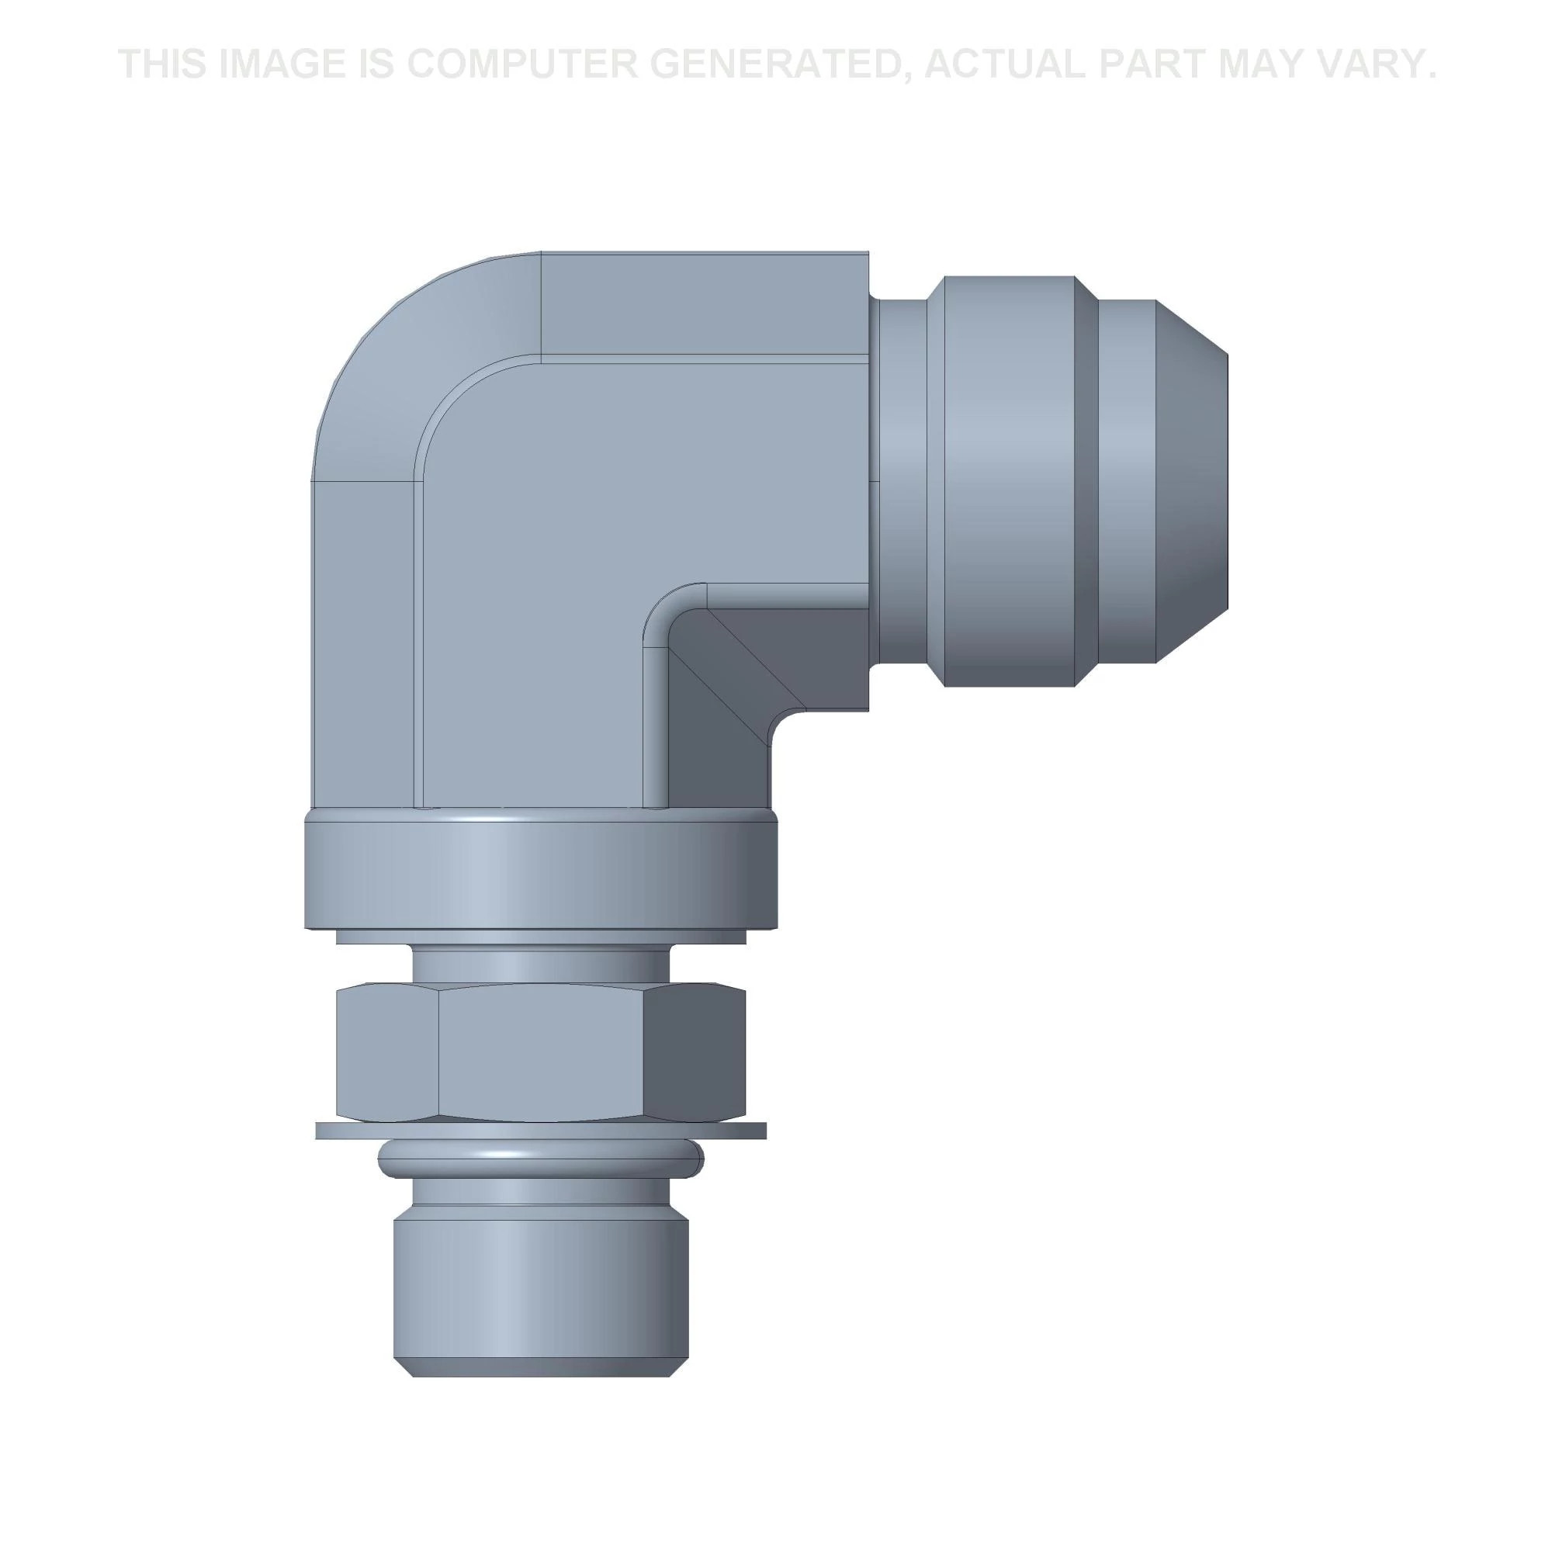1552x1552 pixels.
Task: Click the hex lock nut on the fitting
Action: tap(541, 1053)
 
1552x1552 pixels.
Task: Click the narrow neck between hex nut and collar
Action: tap(541, 962)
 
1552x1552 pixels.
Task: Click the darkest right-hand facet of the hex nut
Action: tap(695, 1053)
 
